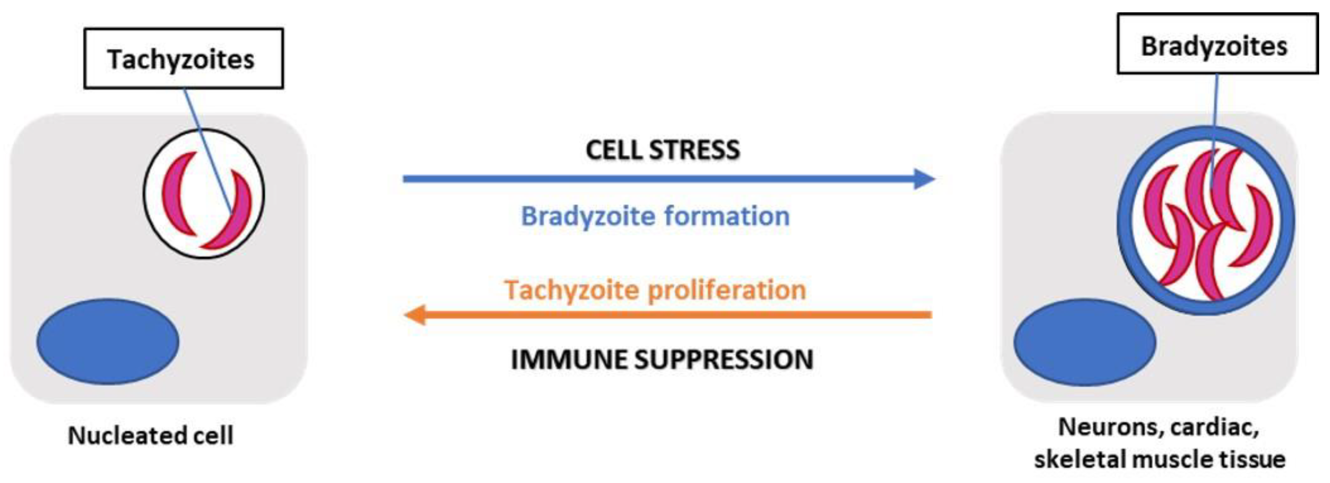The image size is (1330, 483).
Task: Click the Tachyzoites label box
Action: tap(183, 59)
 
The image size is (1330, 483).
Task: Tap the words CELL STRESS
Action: tap(663, 150)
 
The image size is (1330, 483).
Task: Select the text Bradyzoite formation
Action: tap(655, 216)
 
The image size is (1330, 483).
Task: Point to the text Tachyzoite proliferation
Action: tap(655, 290)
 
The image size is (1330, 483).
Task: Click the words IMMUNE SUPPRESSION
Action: tap(662, 360)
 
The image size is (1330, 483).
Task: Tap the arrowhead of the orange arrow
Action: tap(415, 315)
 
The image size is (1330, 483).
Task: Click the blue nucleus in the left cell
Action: tap(107, 341)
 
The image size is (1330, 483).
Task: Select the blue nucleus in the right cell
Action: tap(1084, 342)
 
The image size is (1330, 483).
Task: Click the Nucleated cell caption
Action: tap(151, 436)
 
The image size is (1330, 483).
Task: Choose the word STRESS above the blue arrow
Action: tap(695, 150)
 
